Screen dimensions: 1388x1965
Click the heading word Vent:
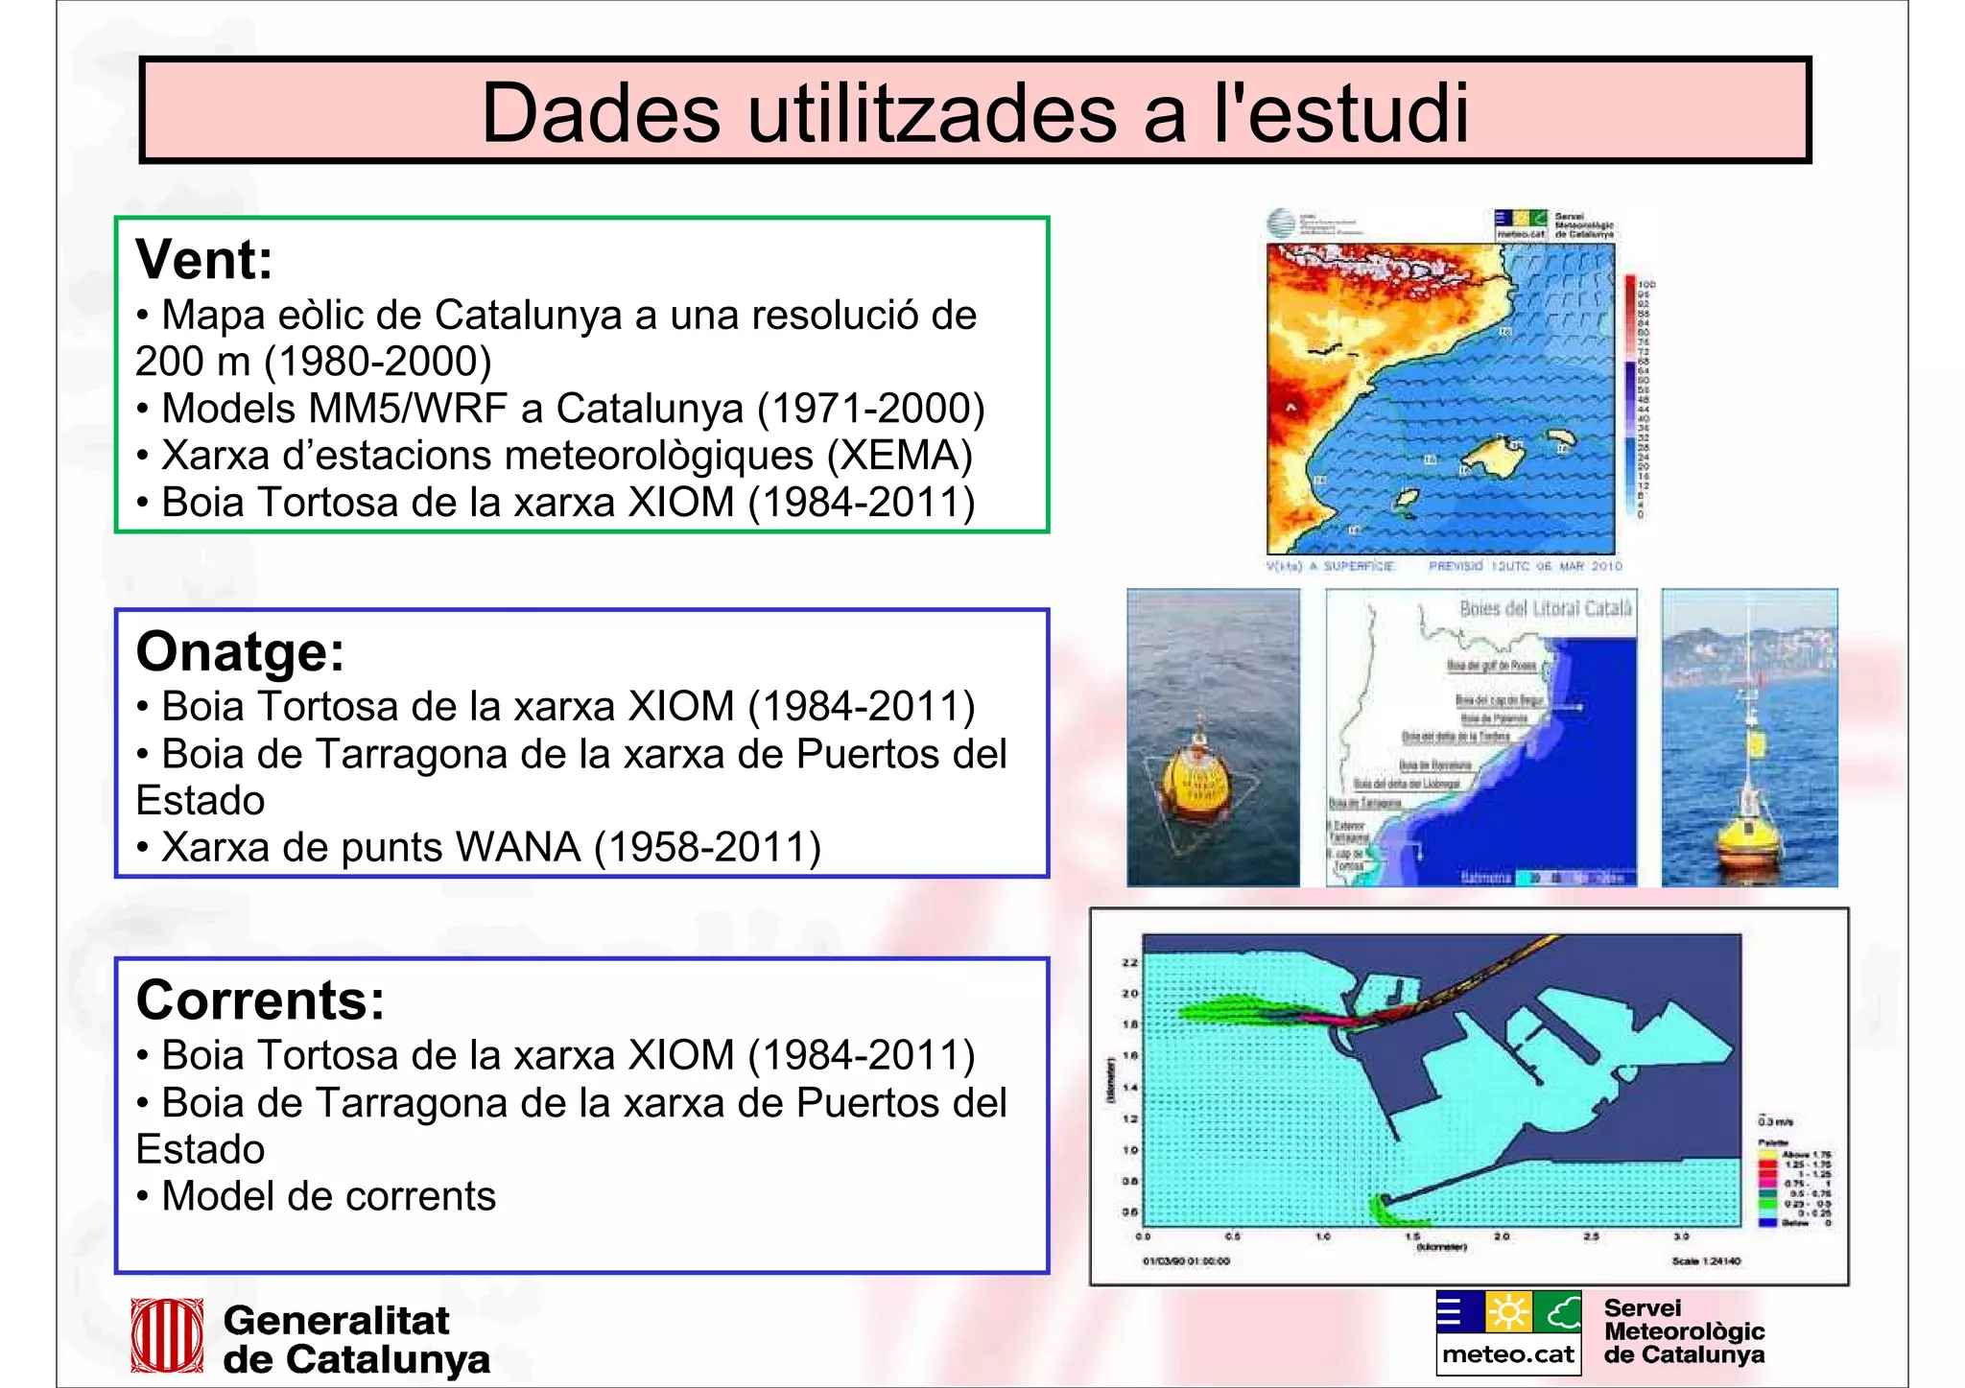(x=204, y=260)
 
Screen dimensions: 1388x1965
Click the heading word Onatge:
(x=240, y=652)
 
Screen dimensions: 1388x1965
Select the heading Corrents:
(x=260, y=1000)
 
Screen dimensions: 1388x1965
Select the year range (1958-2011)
(x=708, y=848)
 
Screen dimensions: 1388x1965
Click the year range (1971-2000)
(x=871, y=409)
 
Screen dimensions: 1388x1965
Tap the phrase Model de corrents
(x=328, y=1197)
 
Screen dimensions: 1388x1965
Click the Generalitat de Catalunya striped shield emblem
(x=167, y=1335)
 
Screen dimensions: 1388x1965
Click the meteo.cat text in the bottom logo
(x=1508, y=1354)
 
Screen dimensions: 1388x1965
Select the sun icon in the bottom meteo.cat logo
(x=1508, y=1312)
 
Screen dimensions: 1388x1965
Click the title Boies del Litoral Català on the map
(x=1545, y=608)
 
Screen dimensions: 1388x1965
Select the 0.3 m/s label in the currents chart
(x=1775, y=1121)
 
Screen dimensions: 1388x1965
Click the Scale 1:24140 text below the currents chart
(x=1705, y=1261)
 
